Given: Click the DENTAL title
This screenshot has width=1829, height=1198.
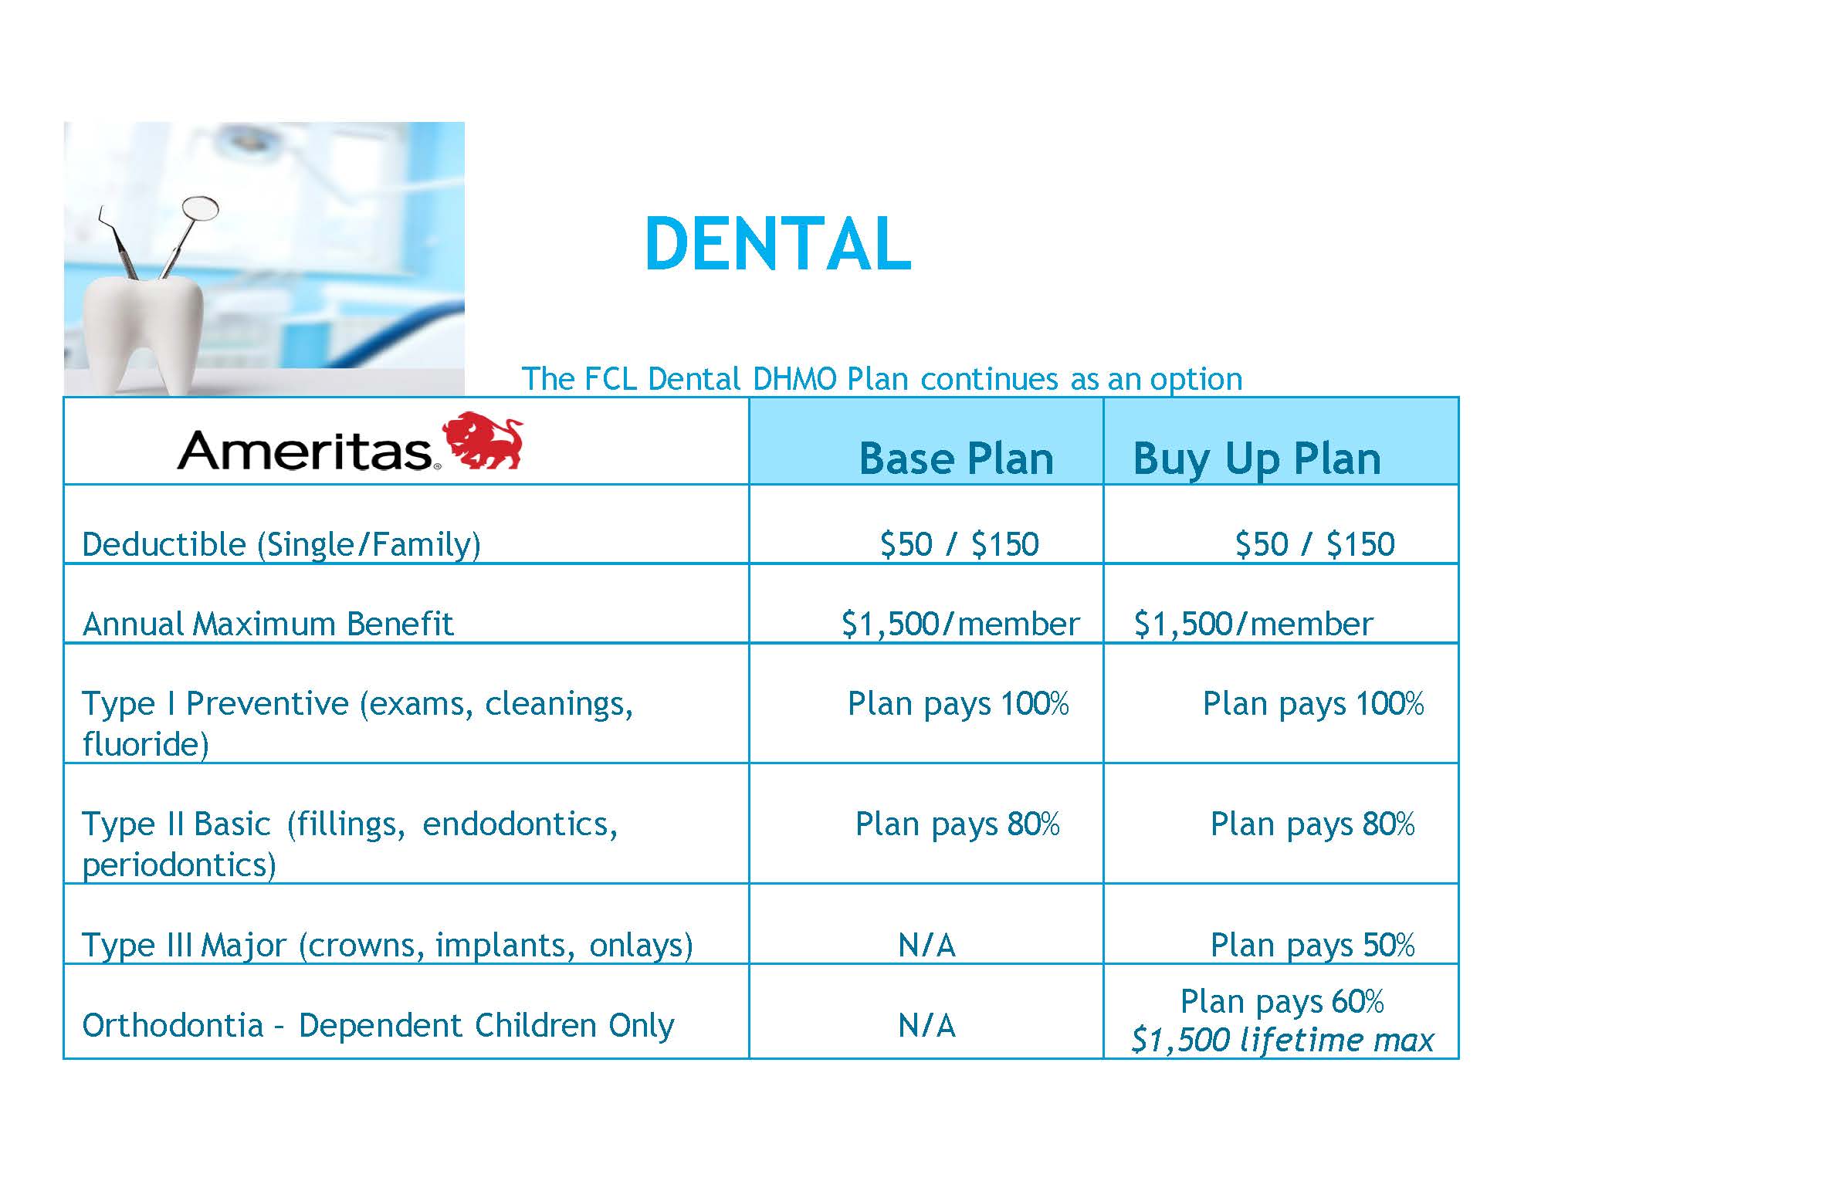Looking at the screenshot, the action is (778, 244).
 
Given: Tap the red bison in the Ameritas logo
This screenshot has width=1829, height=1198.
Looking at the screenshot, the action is (482, 441).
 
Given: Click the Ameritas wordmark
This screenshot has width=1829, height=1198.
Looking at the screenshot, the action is (305, 451).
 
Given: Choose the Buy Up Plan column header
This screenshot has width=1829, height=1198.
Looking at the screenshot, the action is (1256, 460).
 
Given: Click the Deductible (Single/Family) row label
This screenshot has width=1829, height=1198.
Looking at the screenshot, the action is (281, 544).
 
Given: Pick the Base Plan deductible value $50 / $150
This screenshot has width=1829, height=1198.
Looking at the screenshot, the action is (960, 544).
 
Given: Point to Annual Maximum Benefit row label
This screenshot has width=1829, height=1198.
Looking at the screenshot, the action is (268, 624).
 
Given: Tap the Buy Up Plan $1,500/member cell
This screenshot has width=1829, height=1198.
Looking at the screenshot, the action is (1253, 624).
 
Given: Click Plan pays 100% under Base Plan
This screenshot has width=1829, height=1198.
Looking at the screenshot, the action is (958, 704).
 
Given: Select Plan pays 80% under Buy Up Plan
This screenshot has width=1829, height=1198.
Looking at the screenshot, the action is (1312, 824).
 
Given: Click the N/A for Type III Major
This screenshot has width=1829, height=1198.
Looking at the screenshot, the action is (927, 945).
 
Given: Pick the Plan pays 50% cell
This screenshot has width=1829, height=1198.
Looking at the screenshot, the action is (1312, 946).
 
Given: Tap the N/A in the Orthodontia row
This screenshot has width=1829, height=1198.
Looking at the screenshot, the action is (927, 1026).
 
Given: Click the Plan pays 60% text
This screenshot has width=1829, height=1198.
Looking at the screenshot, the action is (1282, 1002).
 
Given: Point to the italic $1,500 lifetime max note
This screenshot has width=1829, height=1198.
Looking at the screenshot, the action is (1282, 1040).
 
